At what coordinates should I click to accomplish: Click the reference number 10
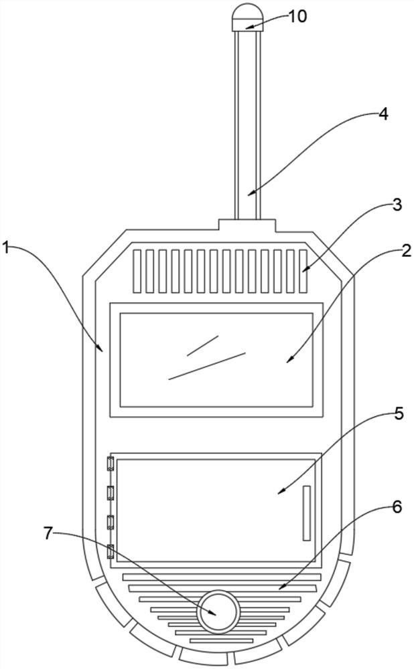(x=297, y=16)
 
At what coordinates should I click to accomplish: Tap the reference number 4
(x=383, y=114)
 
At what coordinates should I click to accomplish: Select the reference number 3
(x=397, y=205)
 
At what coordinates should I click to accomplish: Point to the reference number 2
(x=405, y=251)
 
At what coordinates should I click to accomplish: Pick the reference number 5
(x=399, y=414)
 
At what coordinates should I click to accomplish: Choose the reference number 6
(x=397, y=507)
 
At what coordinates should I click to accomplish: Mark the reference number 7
(x=48, y=533)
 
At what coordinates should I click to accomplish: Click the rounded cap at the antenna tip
(x=245, y=17)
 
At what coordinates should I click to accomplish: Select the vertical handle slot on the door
(x=306, y=513)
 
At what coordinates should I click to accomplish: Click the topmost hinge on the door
(x=111, y=464)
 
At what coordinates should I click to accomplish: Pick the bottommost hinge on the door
(x=111, y=552)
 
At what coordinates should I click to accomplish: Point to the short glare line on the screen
(x=203, y=345)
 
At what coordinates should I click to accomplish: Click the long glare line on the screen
(x=207, y=365)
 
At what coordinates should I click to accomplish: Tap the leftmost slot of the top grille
(x=137, y=271)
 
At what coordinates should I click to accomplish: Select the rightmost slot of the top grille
(x=301, y=271)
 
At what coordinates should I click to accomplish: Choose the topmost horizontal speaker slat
(x=222, y=577)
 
